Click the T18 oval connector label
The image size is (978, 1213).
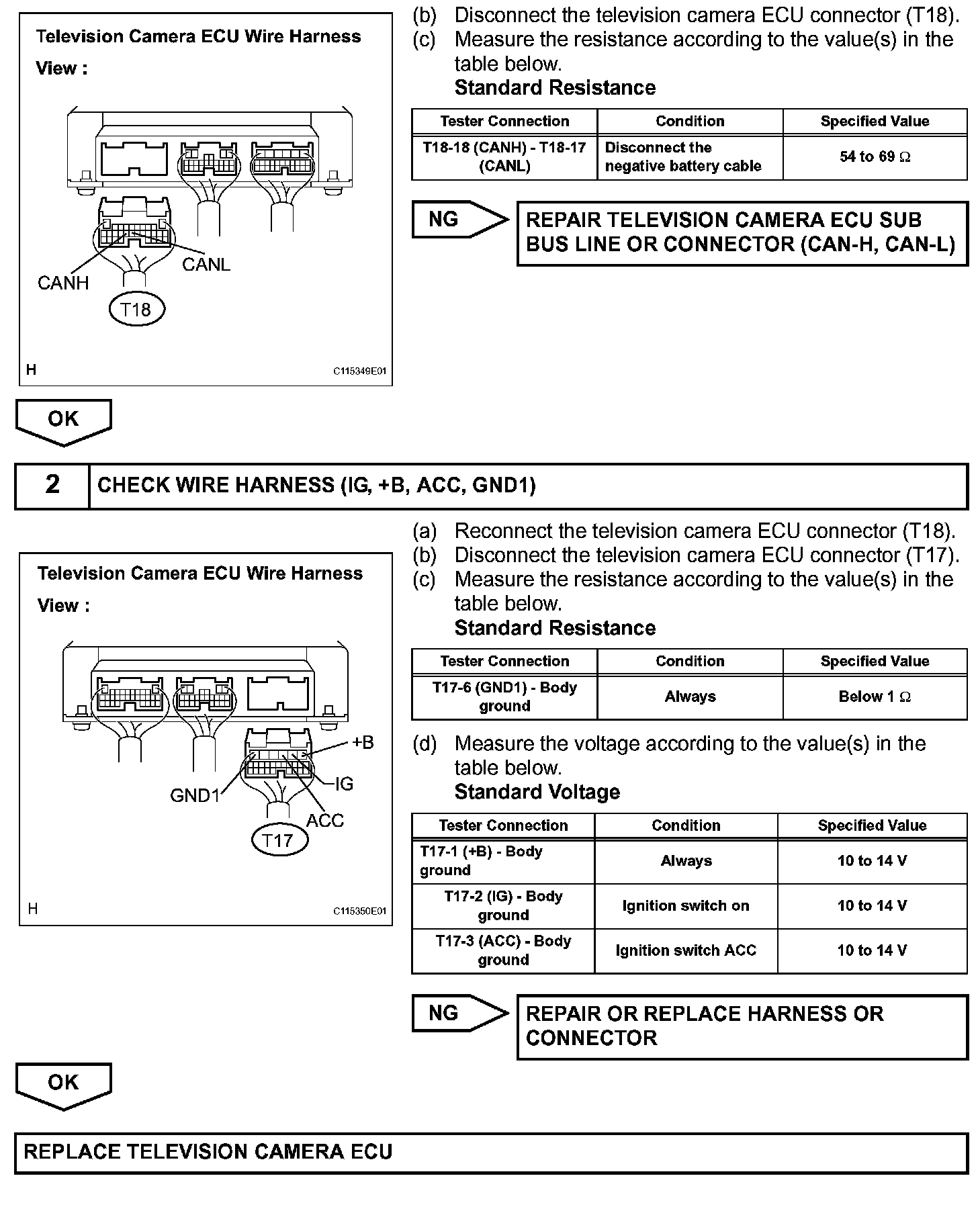pos(136,310)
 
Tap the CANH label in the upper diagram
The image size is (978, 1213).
pos(63,283)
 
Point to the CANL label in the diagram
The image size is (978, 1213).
pos(206,265)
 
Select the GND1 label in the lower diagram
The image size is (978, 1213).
pos(195,796)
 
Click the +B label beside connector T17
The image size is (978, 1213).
pos(363,743)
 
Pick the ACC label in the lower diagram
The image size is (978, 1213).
pos(325,821)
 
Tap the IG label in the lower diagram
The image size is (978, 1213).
pos(344,784)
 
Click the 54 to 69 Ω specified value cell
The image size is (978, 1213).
pos(875,157)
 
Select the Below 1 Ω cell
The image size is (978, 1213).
pos(875,697)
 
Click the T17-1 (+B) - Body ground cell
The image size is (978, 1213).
pos(503,861)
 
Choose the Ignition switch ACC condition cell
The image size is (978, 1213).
pos(686,951)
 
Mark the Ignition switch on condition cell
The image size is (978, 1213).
pos(686,906)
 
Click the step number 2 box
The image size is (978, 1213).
pos(52,485)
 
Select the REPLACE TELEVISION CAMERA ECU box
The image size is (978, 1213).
pos(491,1153)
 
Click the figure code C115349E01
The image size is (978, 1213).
pos(360,371)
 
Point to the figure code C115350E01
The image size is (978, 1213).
pos(360,911)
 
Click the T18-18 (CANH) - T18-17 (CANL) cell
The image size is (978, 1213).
pos(504,157)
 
